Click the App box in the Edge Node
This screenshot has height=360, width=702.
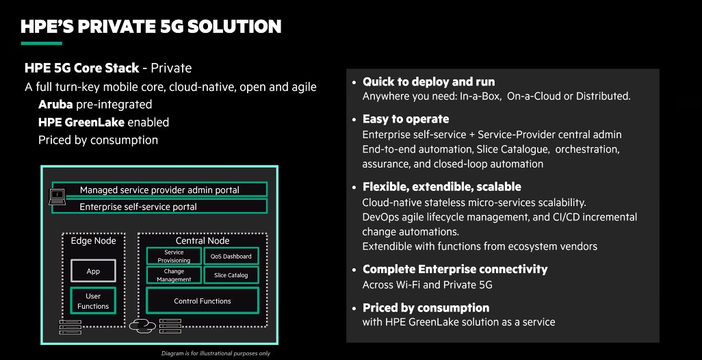(x=93, y=271)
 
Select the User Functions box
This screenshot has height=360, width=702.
(x=93, y=301)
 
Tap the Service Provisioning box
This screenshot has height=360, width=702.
(x=174, y=256)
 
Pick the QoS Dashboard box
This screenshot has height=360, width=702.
(x=231, y=256)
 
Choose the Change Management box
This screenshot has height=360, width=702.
(x=174, y=275)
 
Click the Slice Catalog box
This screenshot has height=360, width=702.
(x=231, y=275)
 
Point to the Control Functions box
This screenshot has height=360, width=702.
(x=203, y=301)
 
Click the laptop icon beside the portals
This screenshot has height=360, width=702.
(x=57, y=196)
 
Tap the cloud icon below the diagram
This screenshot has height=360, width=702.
(x=142, y=325)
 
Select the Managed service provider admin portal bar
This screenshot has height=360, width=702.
(x=159, y=190)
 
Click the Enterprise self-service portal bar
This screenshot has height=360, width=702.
(x=159, y=206)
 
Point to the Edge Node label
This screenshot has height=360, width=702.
(x=94, y=241)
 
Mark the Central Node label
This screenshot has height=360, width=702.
(x=203, y=241)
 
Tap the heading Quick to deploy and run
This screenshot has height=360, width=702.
(x=428, y=81)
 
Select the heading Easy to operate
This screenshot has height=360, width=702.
(x=406, y=119)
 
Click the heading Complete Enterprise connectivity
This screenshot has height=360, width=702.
(x=455, y=269)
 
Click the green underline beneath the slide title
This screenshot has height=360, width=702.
(x=41, y=43)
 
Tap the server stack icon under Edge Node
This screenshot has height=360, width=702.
(x=70, y=326)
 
